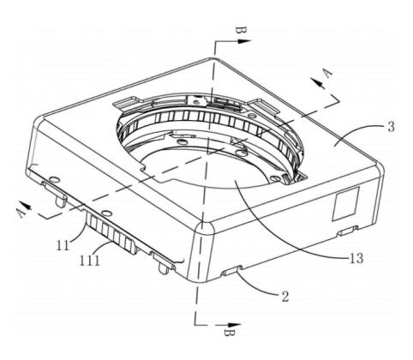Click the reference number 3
coord(392,126)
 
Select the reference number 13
coord(356,259)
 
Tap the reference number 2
coord(285,297)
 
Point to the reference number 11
coord(63,245)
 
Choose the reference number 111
coord(90,261)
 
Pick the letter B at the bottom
coord(229,333)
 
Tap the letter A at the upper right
coord(328,73)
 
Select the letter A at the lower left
coord(21,213)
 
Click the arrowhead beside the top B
coord(243,41)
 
